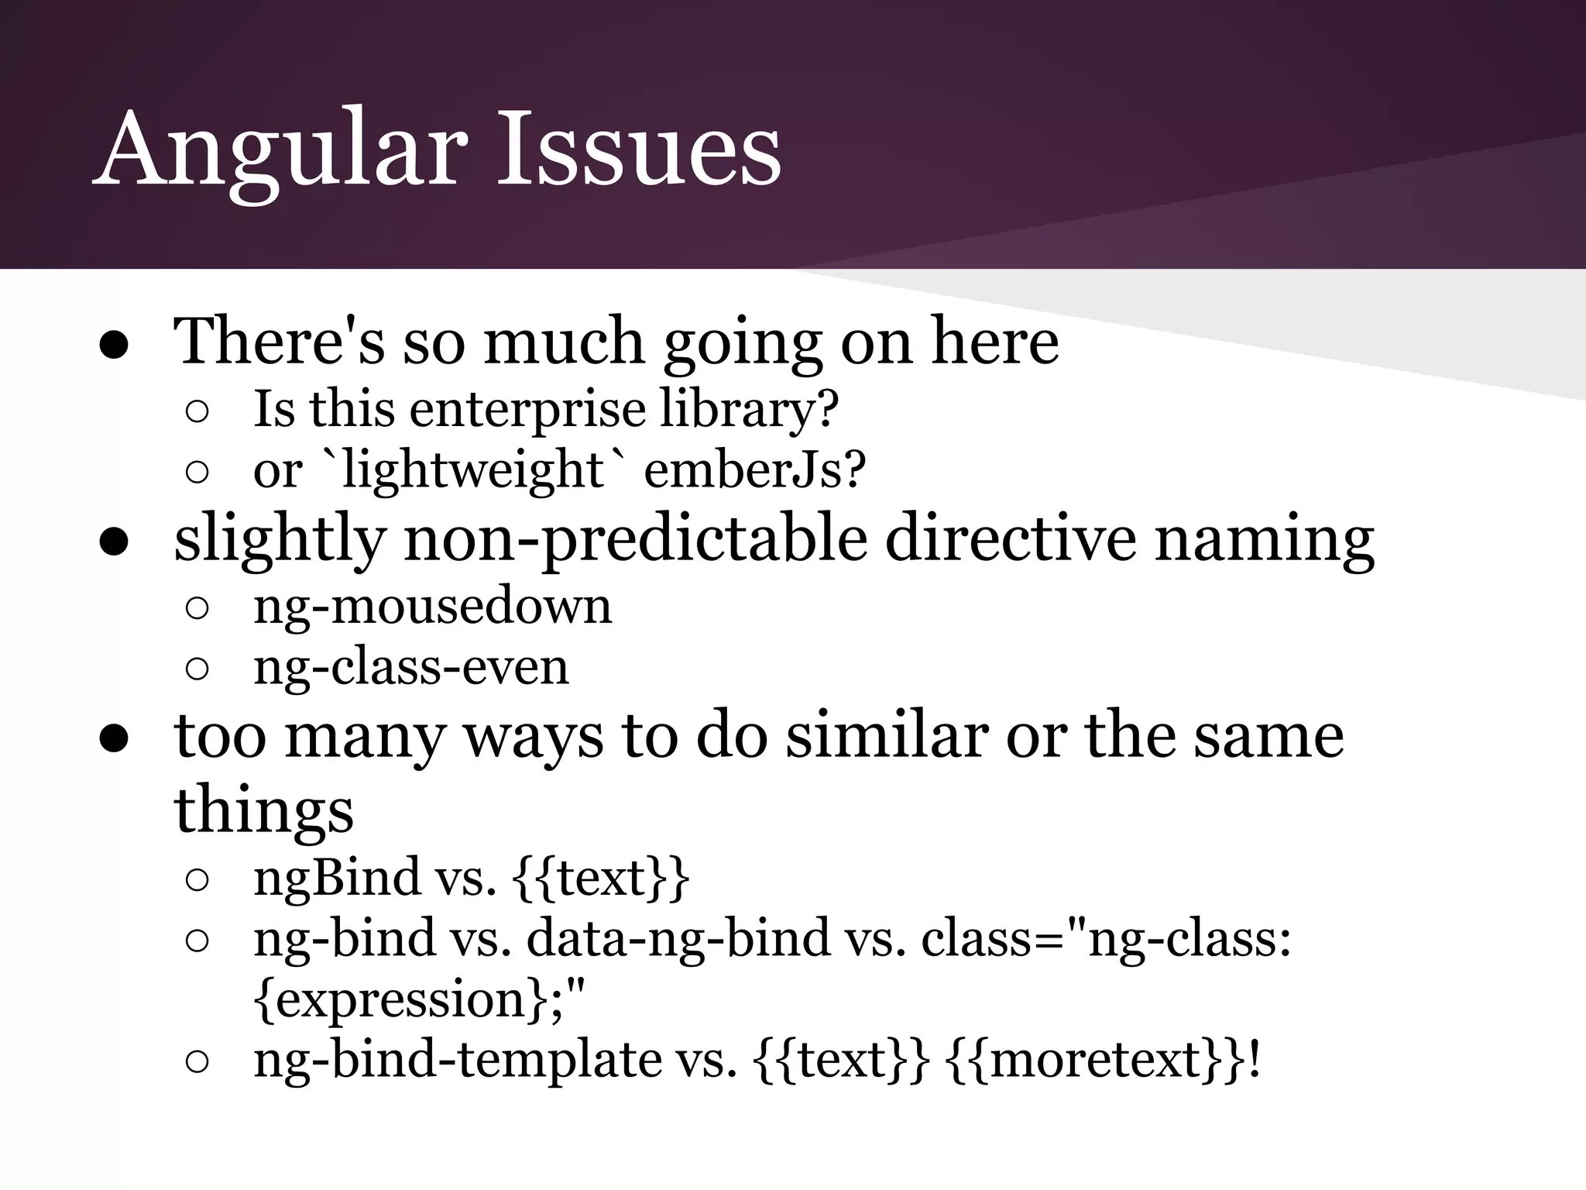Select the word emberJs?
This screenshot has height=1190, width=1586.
[754, 470]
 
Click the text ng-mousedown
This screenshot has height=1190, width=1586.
[432, 607]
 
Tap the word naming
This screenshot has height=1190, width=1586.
[1264, 540]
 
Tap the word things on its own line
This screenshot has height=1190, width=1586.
[263, 810]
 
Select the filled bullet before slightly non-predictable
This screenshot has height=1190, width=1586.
[114, 543]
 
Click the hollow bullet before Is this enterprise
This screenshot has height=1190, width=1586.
[197, 411]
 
